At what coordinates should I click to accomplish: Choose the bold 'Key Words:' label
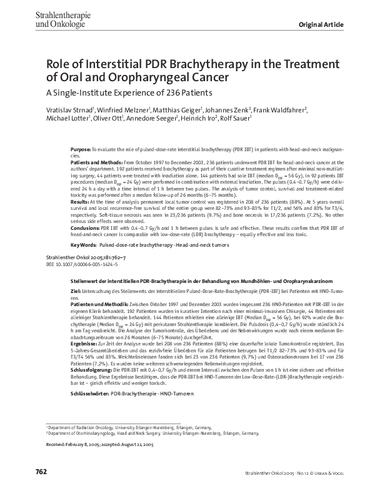pos(83,246)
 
